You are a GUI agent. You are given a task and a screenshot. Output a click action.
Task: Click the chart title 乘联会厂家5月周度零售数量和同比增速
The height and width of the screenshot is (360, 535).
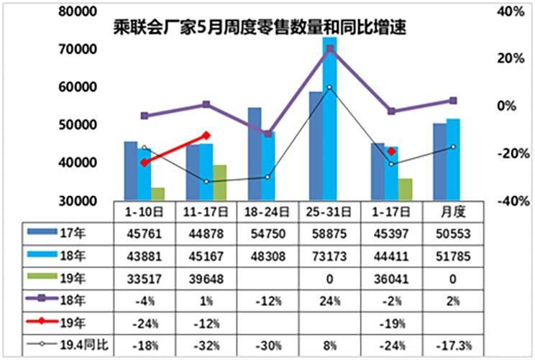coord(260,28)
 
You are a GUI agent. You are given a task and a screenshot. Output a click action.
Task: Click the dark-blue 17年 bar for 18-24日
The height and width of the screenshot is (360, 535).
coord(255,154)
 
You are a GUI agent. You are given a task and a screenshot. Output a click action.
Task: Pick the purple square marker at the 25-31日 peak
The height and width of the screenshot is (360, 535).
coord(330,49)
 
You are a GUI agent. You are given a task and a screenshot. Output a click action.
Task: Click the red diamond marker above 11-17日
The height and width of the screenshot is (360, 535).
coord(207,135)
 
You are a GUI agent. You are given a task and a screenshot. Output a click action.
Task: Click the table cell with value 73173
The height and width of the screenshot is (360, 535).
coord(330,254)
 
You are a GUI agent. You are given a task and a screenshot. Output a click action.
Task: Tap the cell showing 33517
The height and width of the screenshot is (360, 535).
coord(145,275)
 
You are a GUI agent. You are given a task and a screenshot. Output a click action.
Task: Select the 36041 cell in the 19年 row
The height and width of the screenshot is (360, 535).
coord(392,275)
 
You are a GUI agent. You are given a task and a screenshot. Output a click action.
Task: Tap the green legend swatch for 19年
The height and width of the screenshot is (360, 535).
coord(39,275)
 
